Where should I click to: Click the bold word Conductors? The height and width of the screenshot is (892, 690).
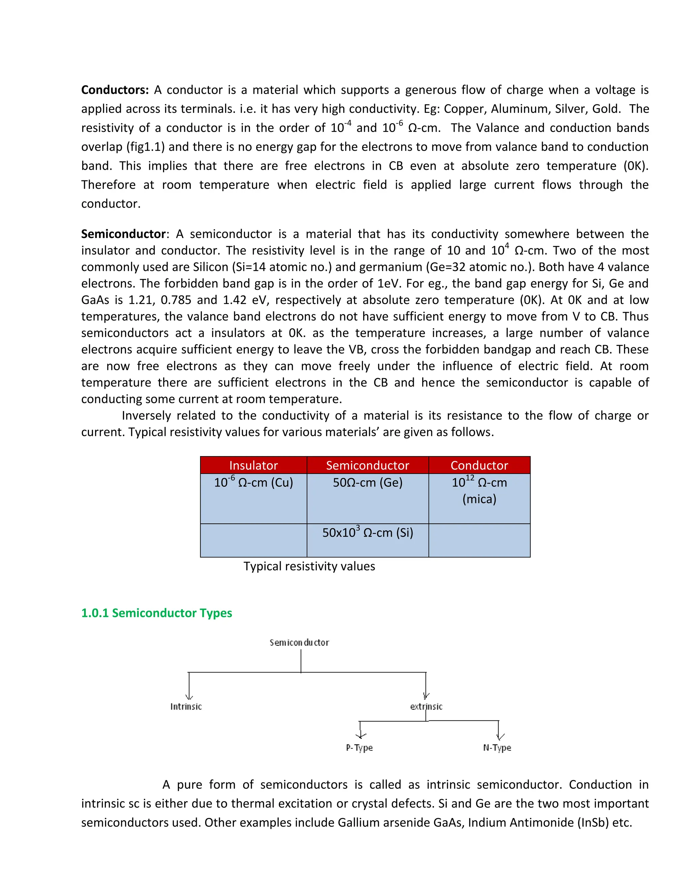(x=115, y=90)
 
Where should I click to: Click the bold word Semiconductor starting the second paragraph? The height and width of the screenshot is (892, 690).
(x=123, y=234)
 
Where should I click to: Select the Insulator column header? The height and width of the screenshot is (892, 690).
(x=253, y=465)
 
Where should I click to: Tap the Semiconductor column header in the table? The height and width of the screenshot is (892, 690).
(x=368, y=465)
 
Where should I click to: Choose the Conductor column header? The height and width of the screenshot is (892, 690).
(x=479, y=465)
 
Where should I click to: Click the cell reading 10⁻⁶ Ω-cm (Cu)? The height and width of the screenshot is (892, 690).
(x=253, y=483)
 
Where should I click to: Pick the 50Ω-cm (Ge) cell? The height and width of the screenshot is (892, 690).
(x=368, y=483)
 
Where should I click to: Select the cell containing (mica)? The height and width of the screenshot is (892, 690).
(x=479, y=499)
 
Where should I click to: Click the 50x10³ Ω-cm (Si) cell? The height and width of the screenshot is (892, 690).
(x=368, y=533)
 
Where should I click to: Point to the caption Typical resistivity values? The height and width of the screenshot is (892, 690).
(x=309, y=567)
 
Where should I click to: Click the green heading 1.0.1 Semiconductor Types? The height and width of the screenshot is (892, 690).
(x=157, y=613)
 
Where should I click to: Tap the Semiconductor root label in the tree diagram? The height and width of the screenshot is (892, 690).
(x=299, y=643)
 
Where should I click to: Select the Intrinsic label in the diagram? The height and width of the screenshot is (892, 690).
(x=186, y=707)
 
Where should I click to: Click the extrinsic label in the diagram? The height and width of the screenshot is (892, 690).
(x=426, y=707)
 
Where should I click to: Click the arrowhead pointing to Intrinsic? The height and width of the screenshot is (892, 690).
(x=189, y=697)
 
